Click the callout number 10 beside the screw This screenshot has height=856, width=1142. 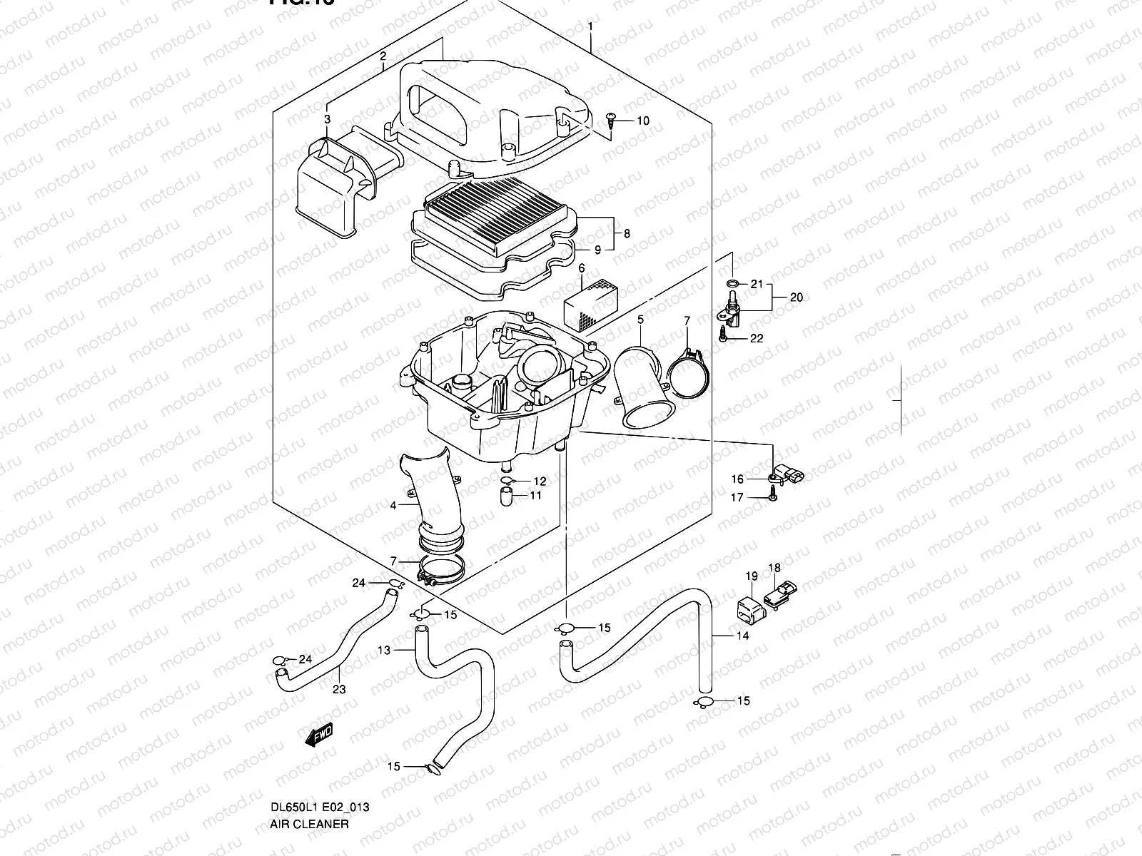(643, 121)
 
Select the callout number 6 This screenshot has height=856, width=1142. (581, 268)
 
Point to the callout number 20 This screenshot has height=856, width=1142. (797, 297)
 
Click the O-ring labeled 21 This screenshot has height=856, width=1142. (732, 284)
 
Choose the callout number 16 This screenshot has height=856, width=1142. (737, 479)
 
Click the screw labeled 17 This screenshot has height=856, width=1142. (774, 497)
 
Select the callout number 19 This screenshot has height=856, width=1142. (751, 576)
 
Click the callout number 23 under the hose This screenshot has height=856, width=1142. (339, 689)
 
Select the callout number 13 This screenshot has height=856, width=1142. (384, 650)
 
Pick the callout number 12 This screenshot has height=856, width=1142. (539, 481)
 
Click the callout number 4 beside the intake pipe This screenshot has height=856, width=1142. (393, 506)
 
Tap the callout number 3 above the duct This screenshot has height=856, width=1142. (327, 119)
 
